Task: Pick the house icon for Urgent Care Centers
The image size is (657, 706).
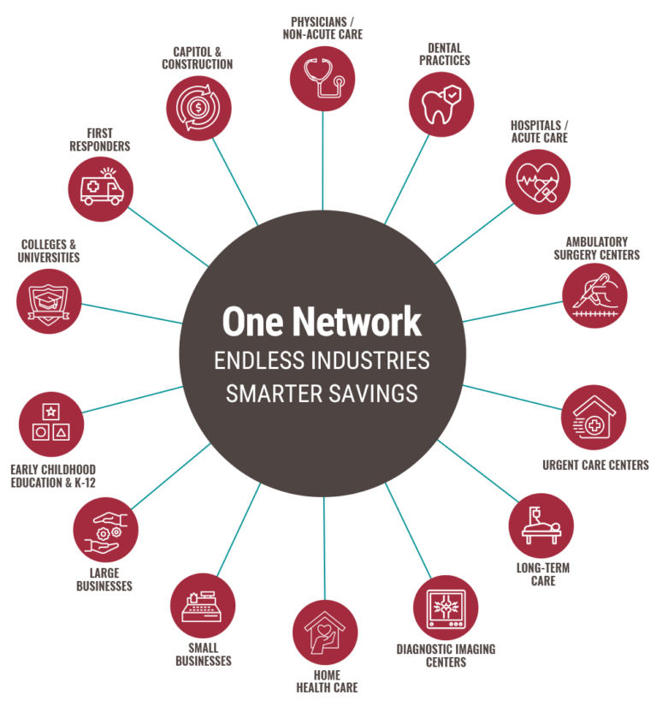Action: point(594,418)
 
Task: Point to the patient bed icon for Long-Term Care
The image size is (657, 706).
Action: point(542,525)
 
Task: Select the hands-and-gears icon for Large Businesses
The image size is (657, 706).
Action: point(105,529)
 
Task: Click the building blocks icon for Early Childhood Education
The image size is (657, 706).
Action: point(50,424)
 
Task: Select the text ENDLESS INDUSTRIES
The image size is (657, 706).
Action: point(322,360)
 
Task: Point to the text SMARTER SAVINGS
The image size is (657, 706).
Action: point(322,393)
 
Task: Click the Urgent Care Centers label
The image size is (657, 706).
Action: point(595,466)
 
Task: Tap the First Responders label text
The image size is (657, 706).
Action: point(99,139)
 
